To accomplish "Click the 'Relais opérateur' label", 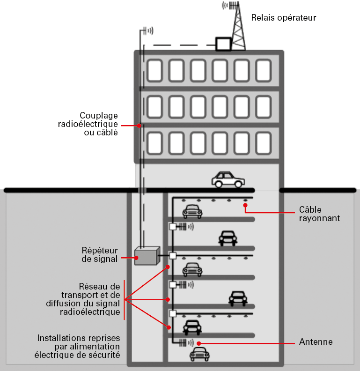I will coord(284,18).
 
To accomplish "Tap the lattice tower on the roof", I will coord(238,28).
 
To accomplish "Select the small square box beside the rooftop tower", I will coord(223,44).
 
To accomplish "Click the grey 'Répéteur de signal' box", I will coord(147,256).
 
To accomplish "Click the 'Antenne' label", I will coord(316,342).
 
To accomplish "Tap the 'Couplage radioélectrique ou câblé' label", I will coord(98,124).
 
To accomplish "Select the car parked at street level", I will coord(228,179).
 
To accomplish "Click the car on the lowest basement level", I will coord(199,354).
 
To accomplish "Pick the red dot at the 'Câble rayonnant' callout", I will coord(245,204).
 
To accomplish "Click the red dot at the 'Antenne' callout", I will coord(199,343).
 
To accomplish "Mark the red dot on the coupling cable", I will coord(140,125).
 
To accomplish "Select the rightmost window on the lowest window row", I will coord(264,143).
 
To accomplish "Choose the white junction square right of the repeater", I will coord(173,256).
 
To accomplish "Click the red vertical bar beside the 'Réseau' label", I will coord(124,300).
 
